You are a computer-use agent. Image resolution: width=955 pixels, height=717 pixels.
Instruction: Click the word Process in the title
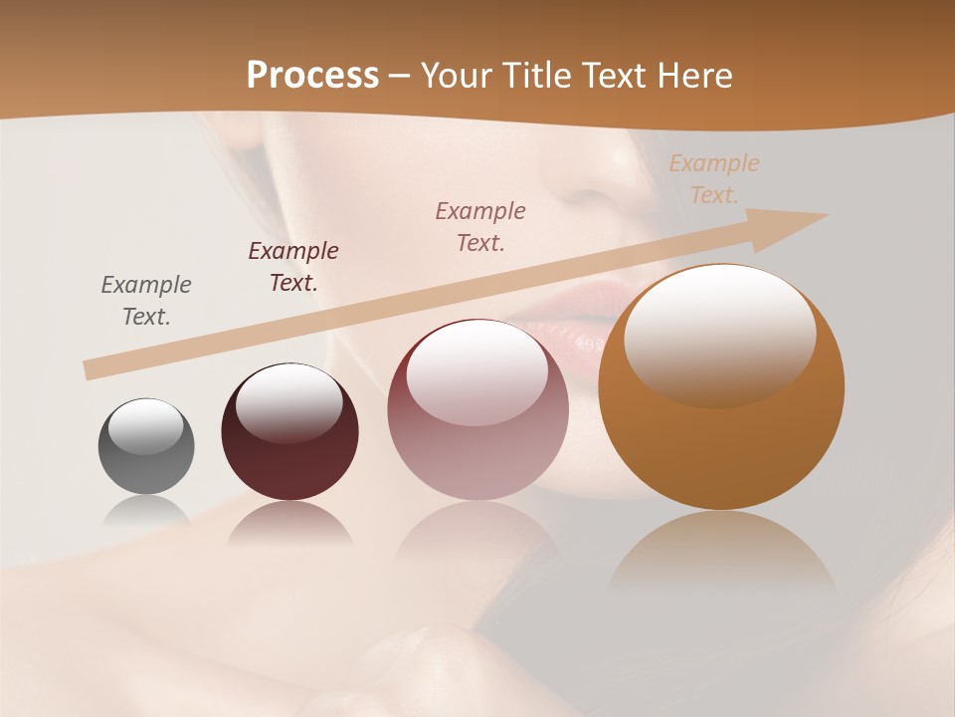(x=312, y=75)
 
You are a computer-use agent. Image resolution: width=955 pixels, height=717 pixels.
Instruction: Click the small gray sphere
(x=146, y=446)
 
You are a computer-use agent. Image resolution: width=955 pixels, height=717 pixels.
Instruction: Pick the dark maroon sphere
(x=289, y=432)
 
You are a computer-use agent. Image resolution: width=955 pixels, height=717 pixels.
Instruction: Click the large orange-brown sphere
(x=721, y=388)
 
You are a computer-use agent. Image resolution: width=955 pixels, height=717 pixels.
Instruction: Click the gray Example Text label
(x=146, y=300)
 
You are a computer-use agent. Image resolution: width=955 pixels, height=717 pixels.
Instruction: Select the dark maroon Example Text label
(x=293, y=266)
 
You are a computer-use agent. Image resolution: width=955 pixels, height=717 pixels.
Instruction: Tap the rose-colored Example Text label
(x=480, y=226)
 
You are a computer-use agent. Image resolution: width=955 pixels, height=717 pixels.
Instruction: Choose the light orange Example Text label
(x=714, y=178)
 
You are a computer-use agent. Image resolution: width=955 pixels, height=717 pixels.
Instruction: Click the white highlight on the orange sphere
(x=719, y=334)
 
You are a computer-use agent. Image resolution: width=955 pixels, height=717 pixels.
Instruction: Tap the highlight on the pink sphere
(x=477, y=371)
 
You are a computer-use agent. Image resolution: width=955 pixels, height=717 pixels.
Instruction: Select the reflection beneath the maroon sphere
(x=289, y=525)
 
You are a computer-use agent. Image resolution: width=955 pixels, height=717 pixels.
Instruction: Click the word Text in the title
(x=606, y=75)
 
